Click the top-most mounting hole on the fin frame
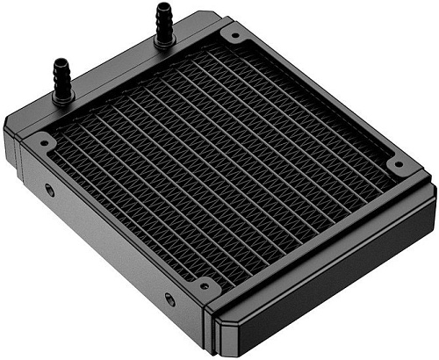[234, 37]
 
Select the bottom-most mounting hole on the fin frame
[204, 284]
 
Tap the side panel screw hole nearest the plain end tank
[169, 299]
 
